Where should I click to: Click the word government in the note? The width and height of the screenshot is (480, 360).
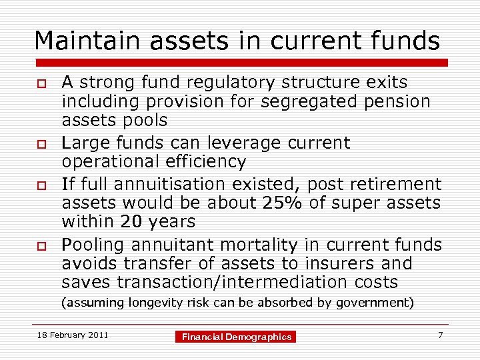(375, 303)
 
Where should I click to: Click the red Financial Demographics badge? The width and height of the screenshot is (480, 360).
(237, 337)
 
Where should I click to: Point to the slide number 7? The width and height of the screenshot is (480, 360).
(440, 335)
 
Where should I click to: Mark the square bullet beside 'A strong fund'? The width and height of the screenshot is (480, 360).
(40, 83)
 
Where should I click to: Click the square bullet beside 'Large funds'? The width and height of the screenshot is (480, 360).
(40, 143)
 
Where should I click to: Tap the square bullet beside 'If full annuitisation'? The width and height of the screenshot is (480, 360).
(40, 184)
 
